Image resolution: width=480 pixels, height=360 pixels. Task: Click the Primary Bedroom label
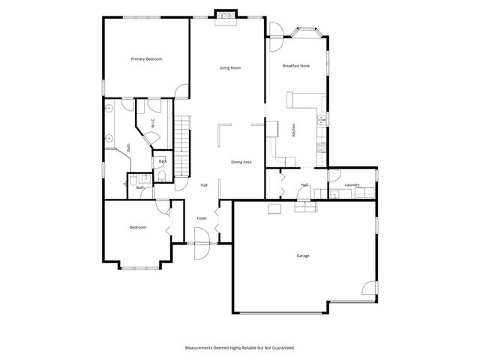(146, 58)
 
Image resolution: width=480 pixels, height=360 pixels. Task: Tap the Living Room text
(229, 68)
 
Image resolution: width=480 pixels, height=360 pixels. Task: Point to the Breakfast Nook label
(296, 66)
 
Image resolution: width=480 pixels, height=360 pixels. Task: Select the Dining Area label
(241, 162)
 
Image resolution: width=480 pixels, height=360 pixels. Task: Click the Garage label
(303, 256)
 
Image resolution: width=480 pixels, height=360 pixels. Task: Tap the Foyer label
(202, 218)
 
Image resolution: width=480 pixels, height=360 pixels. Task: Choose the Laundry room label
(352, 184)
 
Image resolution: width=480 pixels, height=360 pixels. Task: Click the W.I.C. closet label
(152, 124)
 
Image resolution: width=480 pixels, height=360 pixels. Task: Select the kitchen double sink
(321, 118)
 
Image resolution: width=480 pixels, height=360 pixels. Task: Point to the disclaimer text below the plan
(240, 347)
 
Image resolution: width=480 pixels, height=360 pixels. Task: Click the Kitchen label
(293, 129)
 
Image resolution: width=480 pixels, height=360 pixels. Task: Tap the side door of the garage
(368, 288)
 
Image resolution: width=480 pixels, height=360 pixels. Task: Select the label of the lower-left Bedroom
(137, 227)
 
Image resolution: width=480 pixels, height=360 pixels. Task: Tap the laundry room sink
(334, 194)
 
